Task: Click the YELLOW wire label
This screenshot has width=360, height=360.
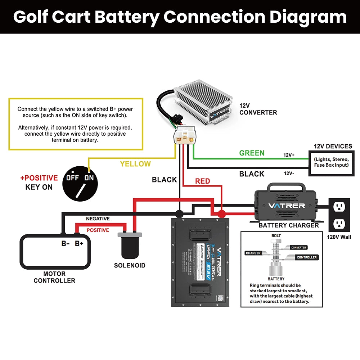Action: [x=135, y=164]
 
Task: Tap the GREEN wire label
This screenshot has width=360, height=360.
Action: [x=252, y=153]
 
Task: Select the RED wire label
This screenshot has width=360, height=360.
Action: [x=202, y=181]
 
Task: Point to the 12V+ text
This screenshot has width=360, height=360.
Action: [x=289, y=155]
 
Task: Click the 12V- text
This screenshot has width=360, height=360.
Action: [x=289, y=174]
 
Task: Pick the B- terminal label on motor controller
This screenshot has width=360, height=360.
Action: [x=65, y=243]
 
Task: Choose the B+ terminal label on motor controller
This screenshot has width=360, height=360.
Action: [x=79, y=243]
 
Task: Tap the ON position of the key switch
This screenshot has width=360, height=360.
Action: [x=89, y=178]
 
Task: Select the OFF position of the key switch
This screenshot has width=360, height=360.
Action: [x=72, y=178]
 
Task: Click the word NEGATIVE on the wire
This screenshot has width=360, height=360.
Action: [x=98, y=219]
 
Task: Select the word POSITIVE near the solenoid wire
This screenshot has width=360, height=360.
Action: [x=98, y=230]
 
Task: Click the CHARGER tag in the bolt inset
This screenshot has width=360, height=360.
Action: [x=253, y=253]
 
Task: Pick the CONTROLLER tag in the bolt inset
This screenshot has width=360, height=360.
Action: [x=307, y=257]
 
